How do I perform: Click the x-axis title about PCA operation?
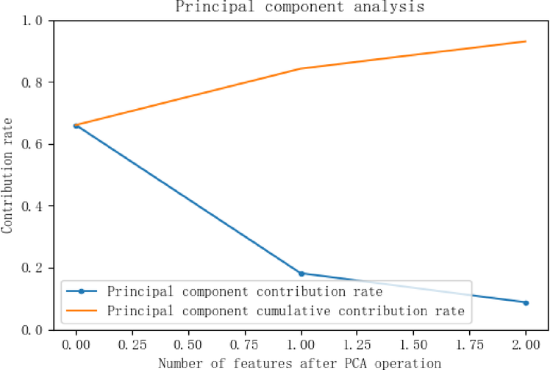pyautogui.click(x=300, y=362)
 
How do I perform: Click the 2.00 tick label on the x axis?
pyautogui.click(x=526, y=344)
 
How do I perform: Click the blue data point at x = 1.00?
pyautogui.click(x=301, y=274)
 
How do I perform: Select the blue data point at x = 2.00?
pyautogui.click(x=526, y=302)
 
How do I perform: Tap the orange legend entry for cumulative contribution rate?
pyautogui.click(x=285, y=311)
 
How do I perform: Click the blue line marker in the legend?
pyautogui.click(x=82, y=291)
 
